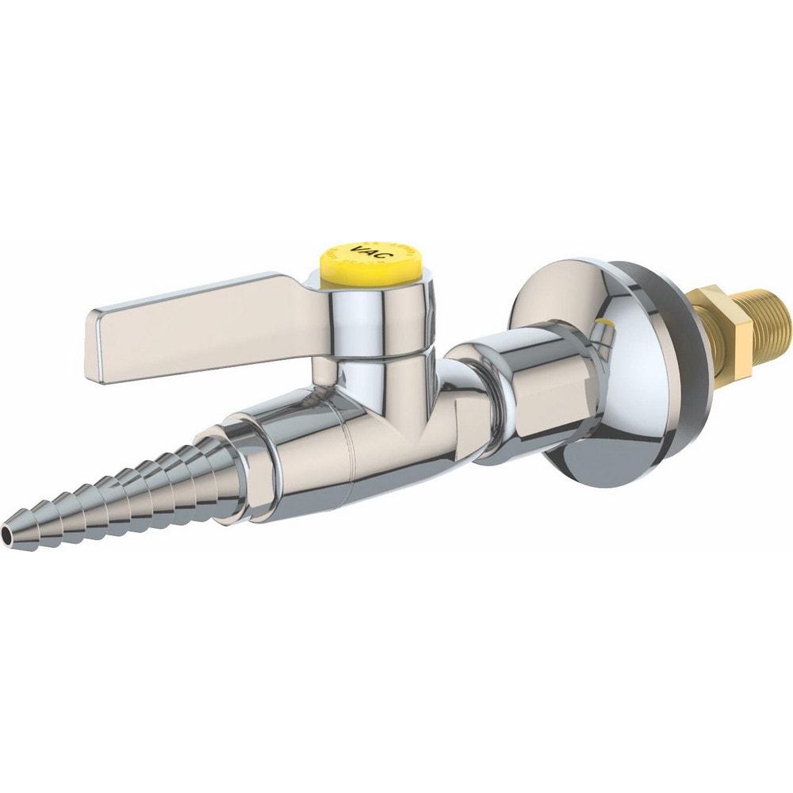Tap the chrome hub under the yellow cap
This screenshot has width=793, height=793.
(x=373, y=309)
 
